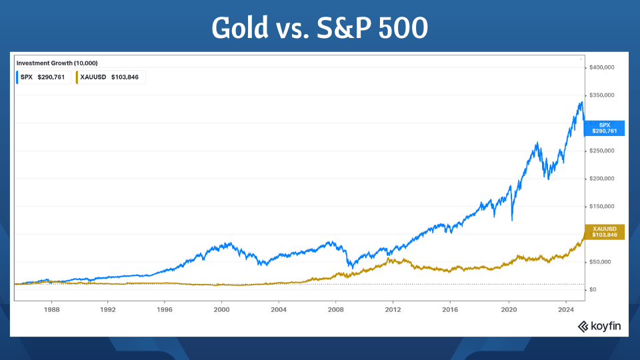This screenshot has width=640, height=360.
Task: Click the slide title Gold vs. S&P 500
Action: click(x=320, y=28)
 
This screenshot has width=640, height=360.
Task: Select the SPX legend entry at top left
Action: click(x=43, y=77)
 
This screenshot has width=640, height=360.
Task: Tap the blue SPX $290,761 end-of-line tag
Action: click(x=604, y=128)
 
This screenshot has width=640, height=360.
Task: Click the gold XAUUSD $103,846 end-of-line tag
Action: click(x=604, y=232)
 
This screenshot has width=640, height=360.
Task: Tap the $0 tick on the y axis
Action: click(x=592, y=289)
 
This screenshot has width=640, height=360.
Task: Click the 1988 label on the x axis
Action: click(x=51, y=309)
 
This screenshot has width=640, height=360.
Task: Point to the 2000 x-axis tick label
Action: click(x=222, y=309)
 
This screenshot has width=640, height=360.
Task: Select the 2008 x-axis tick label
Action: click(x=336, y=309)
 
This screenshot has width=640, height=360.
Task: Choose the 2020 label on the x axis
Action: click(x=509, y=309)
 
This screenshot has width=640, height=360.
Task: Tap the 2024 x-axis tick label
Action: click(x=566, y=309)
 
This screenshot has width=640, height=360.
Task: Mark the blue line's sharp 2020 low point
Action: click(x=512, y=220)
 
